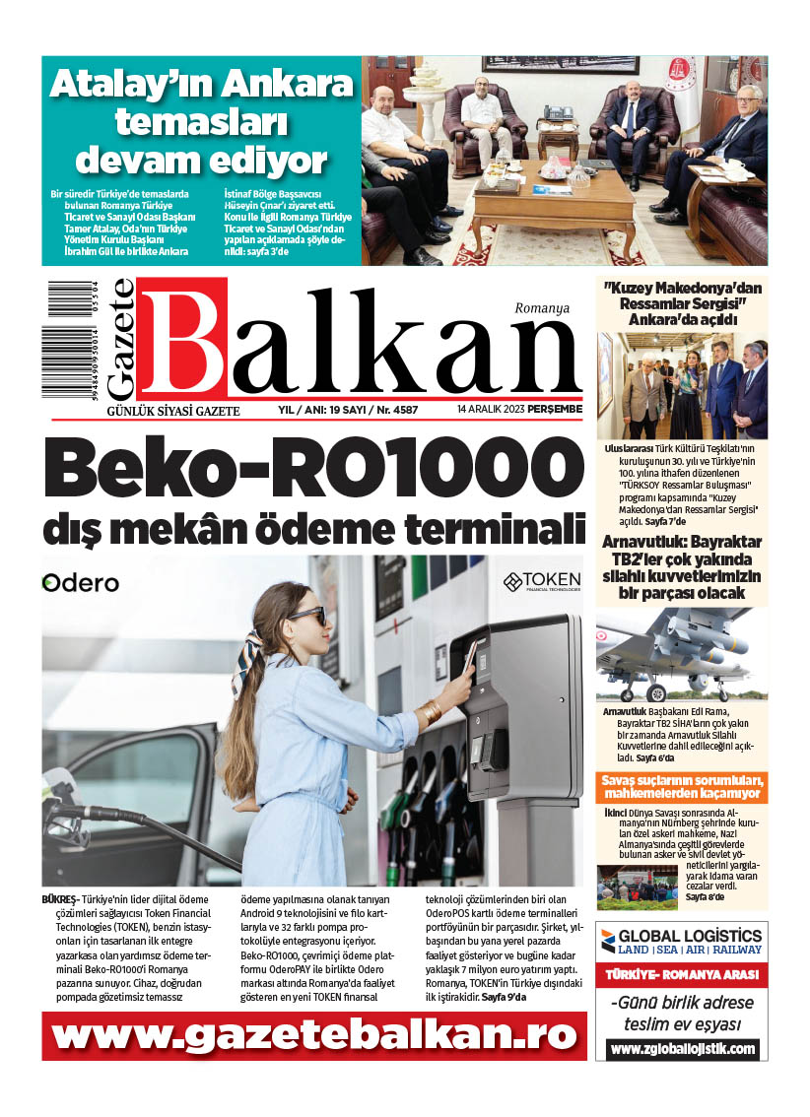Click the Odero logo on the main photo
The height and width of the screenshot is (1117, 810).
coord(81,583)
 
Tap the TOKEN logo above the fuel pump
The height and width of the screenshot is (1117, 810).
coord(542,581)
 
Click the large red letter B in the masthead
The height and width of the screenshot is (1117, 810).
coord(183,340)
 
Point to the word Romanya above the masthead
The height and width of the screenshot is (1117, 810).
coord(542,308)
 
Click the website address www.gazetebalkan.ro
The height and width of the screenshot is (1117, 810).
coord(313,1035)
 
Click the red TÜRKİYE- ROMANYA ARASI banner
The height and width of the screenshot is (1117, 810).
coord(682,974)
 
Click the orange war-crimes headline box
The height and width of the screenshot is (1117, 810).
coord(682,787)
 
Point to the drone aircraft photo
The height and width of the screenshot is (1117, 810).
coord(682,654)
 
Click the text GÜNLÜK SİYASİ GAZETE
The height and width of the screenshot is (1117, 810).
coord(173,410)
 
